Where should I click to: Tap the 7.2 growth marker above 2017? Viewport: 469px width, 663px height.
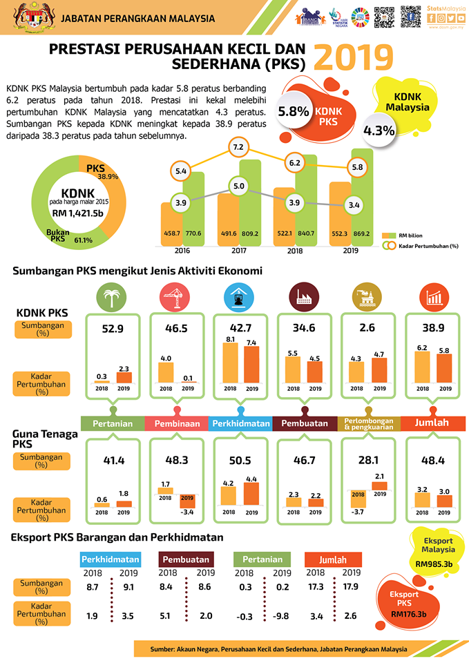point(238,147)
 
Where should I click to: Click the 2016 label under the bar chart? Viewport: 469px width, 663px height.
point(183,251)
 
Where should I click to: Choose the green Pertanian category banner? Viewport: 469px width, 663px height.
point(113,423)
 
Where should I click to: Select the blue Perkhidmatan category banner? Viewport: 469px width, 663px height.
point(239,423)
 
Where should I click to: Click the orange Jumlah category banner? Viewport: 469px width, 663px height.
point(432,423)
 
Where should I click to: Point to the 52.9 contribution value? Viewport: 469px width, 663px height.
point(113,329)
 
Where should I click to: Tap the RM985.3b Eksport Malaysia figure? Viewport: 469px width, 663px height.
point(434,564)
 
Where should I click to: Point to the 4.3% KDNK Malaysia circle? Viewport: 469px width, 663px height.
point(379,130)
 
